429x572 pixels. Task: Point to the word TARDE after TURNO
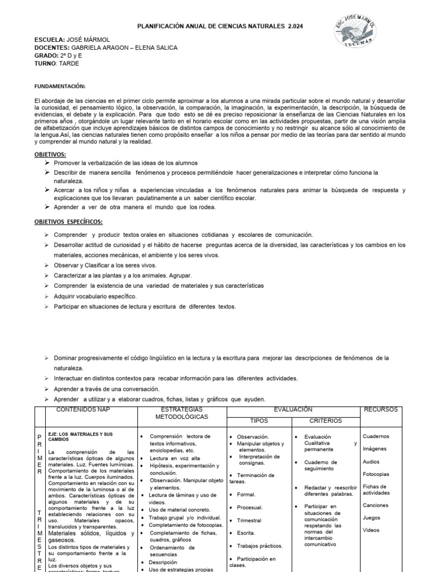coord(69,64)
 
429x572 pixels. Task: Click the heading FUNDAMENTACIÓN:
coord(60,87)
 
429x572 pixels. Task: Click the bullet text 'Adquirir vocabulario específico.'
coord(95,296)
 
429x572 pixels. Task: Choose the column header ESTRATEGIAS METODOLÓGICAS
coord(174,413)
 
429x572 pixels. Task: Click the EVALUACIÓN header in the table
coord(293,409)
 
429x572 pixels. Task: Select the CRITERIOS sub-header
coord(326,421)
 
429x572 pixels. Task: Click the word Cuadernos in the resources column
coord(376,436)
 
